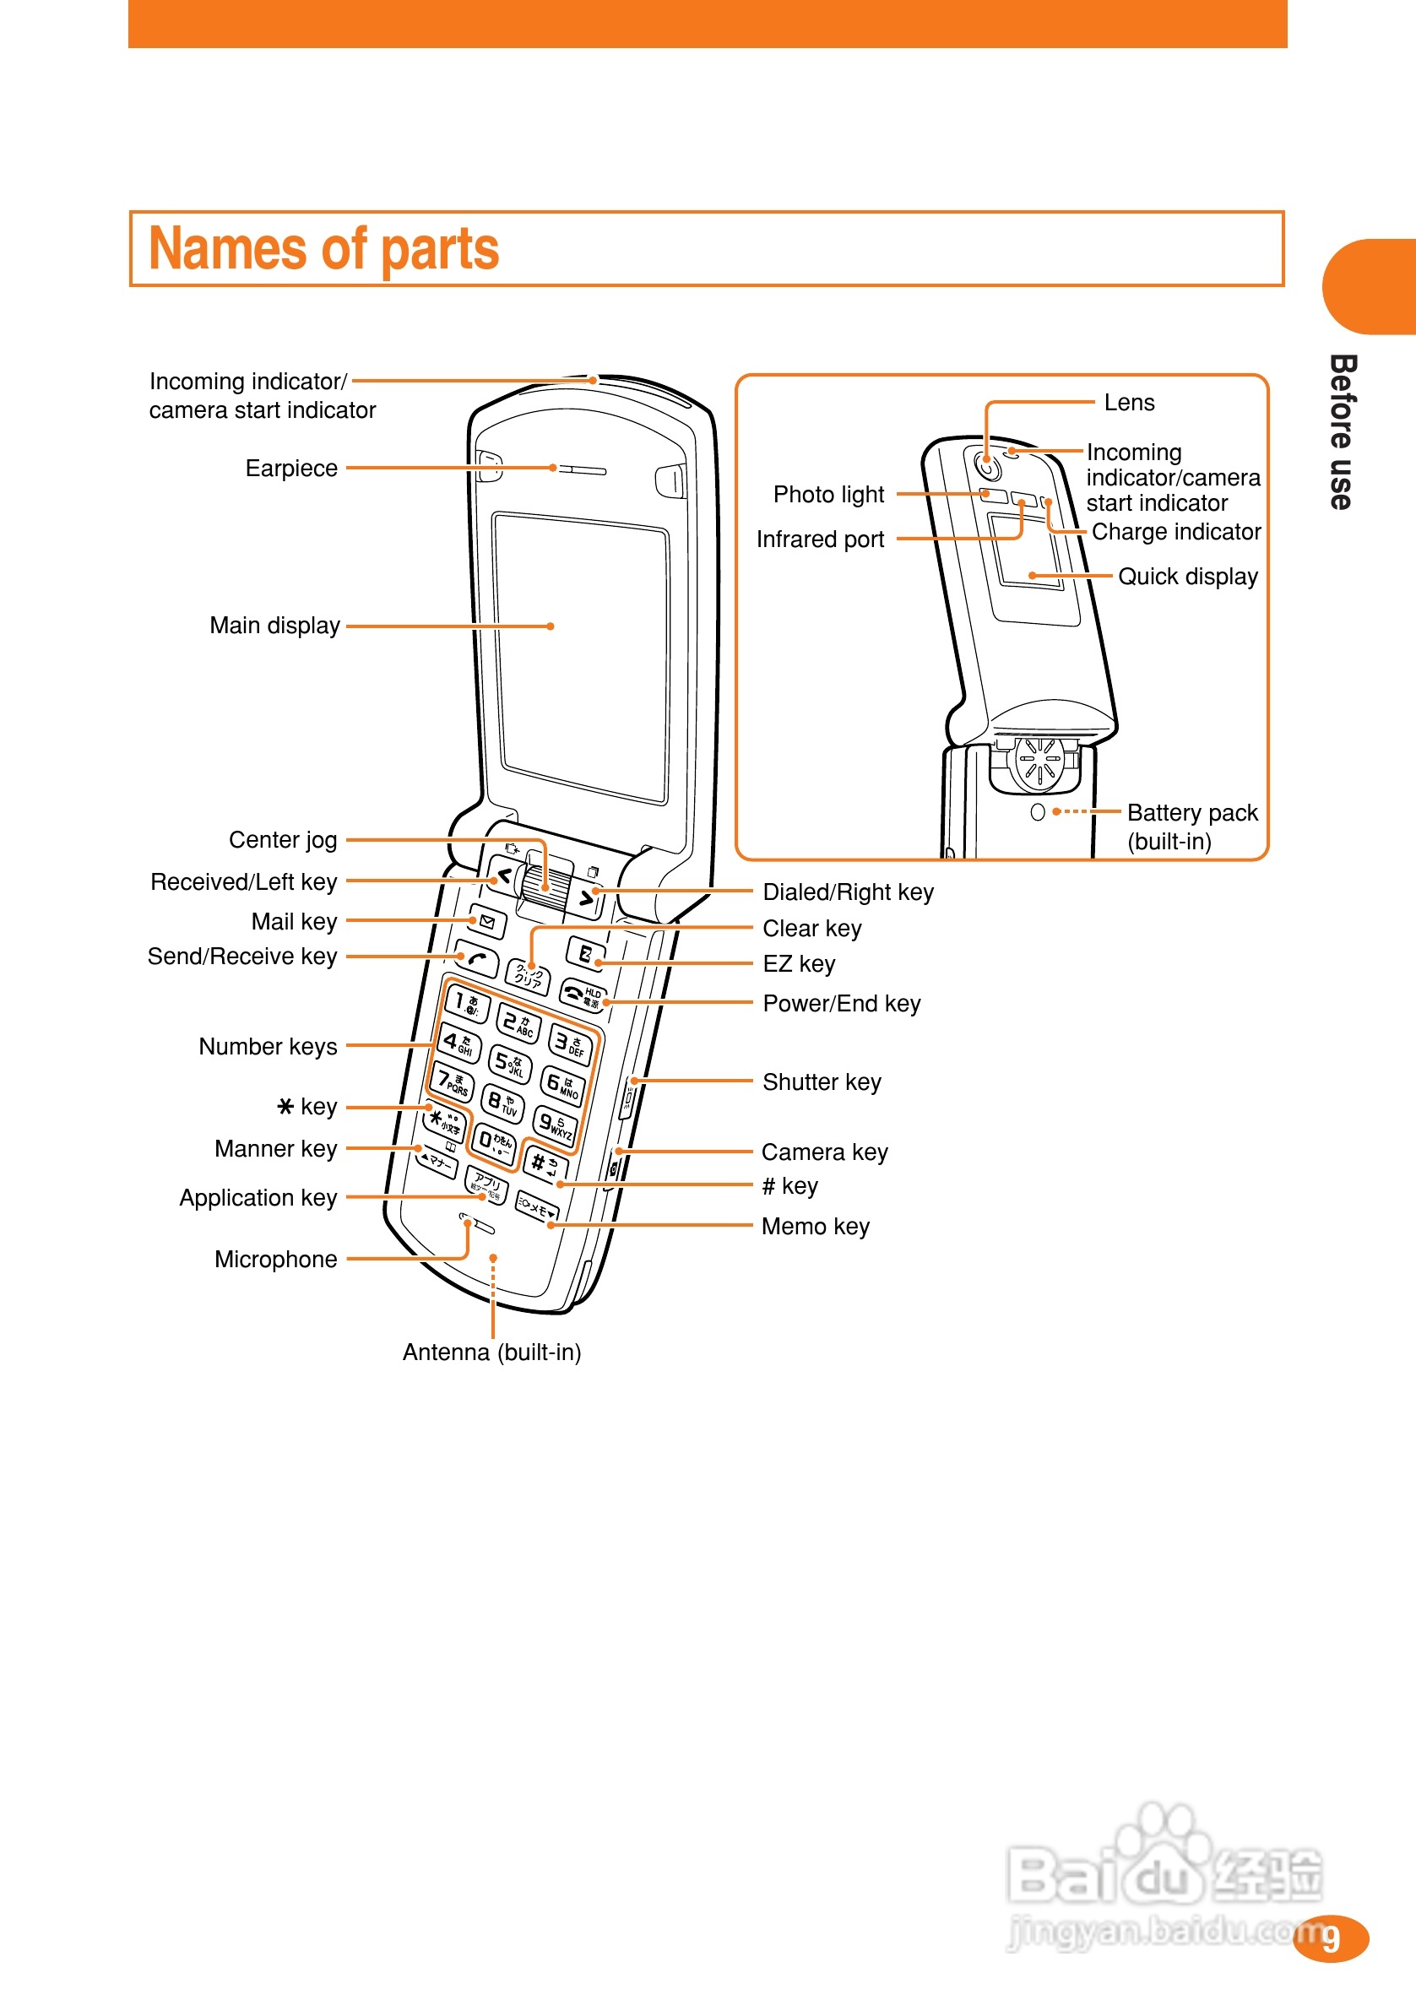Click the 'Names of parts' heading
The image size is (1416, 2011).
point(323,249)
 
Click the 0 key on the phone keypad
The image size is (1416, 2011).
point(494,1141)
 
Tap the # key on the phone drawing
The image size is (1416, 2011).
point(544,1164)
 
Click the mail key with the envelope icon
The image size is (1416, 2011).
point(487,921)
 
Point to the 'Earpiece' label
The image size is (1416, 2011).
point(291,469)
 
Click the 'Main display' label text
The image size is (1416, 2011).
point(274,626)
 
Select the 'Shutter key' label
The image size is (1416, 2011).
point(821,1082)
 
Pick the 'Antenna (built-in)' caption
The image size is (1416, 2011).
point(491,1352)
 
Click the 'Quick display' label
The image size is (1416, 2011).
point(1187,577)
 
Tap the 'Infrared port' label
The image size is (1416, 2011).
point(820,539)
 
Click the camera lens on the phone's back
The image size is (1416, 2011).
point(988,466)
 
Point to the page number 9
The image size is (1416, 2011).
point(1331,1939)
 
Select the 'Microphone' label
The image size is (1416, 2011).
point(275,1260)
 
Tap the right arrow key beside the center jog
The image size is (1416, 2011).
point(586,898)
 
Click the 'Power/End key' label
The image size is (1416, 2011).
point(841,1004)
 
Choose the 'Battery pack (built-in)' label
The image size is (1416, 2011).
point(1191,827)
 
